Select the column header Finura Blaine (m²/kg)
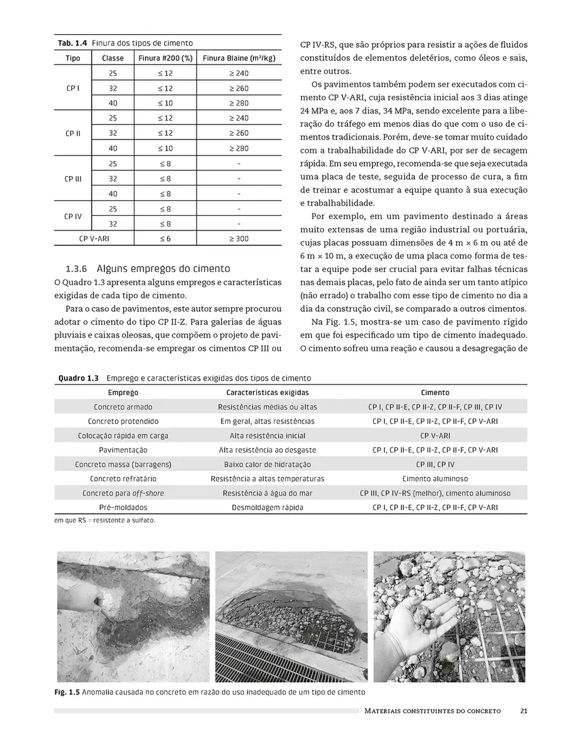239,58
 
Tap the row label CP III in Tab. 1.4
73,179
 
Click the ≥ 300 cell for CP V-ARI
239,239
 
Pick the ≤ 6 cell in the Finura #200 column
165,239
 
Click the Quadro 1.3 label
78,378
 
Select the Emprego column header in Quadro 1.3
123,393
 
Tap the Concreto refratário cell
123,479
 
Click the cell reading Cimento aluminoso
435,479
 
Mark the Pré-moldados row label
123,508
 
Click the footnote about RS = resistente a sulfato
105,521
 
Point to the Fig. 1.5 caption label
68,692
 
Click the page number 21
523,711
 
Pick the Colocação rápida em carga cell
123,436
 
